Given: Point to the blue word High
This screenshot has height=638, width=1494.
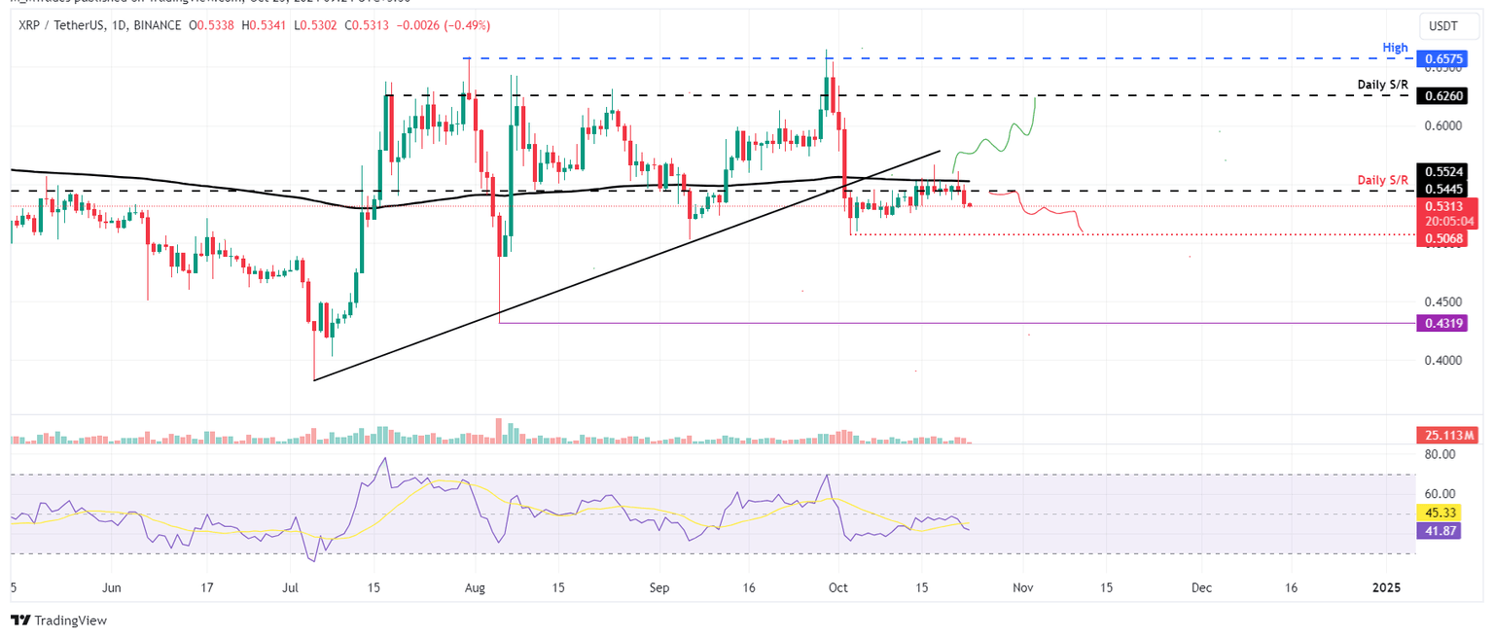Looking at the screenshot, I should (1396, 47).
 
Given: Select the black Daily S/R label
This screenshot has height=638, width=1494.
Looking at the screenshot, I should (1382, 86).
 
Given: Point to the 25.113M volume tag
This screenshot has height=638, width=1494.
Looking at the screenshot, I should (1446, 432).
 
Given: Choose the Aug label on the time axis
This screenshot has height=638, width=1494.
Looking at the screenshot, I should (474, 587).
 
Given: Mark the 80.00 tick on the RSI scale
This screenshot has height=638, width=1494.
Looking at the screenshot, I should (1441, 454).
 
